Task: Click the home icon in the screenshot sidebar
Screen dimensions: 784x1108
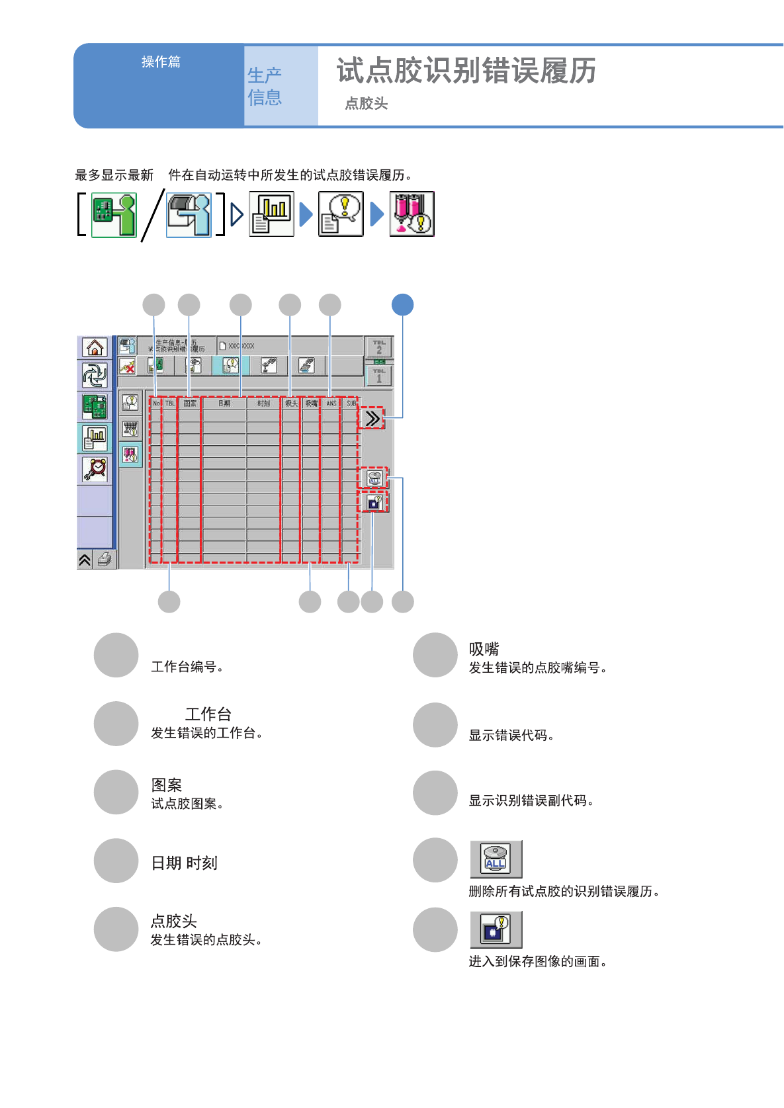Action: tap(95, 347)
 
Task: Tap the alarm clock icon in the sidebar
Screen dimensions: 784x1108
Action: tap(95, 468)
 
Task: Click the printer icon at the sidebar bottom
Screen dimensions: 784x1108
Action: tap(105, 560)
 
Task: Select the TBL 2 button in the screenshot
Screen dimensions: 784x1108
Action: tap(379, 347)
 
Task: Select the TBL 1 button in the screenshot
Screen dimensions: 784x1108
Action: tap(379, 376)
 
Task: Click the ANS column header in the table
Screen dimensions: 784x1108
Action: tap(331, 403)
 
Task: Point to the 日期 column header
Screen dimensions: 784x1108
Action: tap(224, 403)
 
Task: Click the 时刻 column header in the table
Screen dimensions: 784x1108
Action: tap(263, 403)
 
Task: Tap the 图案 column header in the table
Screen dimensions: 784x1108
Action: tap(190, 403)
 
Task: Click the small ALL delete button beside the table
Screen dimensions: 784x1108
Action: tap(374, 478)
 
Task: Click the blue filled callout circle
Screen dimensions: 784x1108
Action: tap(402, 305)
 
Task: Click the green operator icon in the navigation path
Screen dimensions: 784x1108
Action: tap(114, 214)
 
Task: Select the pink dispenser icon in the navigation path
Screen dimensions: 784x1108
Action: tap(412, 214)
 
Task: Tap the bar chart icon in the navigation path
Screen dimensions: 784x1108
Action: tap(271, 214)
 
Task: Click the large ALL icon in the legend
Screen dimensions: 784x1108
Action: tap(496, 859)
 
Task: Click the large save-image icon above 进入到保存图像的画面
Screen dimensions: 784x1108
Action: tap(496, 929)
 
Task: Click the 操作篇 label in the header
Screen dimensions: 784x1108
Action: tap(161, 62)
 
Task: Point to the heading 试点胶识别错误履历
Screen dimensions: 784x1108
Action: tap(466, 70)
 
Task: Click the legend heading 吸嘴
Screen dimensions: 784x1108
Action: tap(484, 649)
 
